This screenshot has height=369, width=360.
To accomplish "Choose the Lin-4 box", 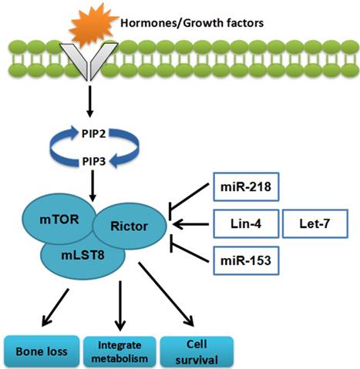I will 244,226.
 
